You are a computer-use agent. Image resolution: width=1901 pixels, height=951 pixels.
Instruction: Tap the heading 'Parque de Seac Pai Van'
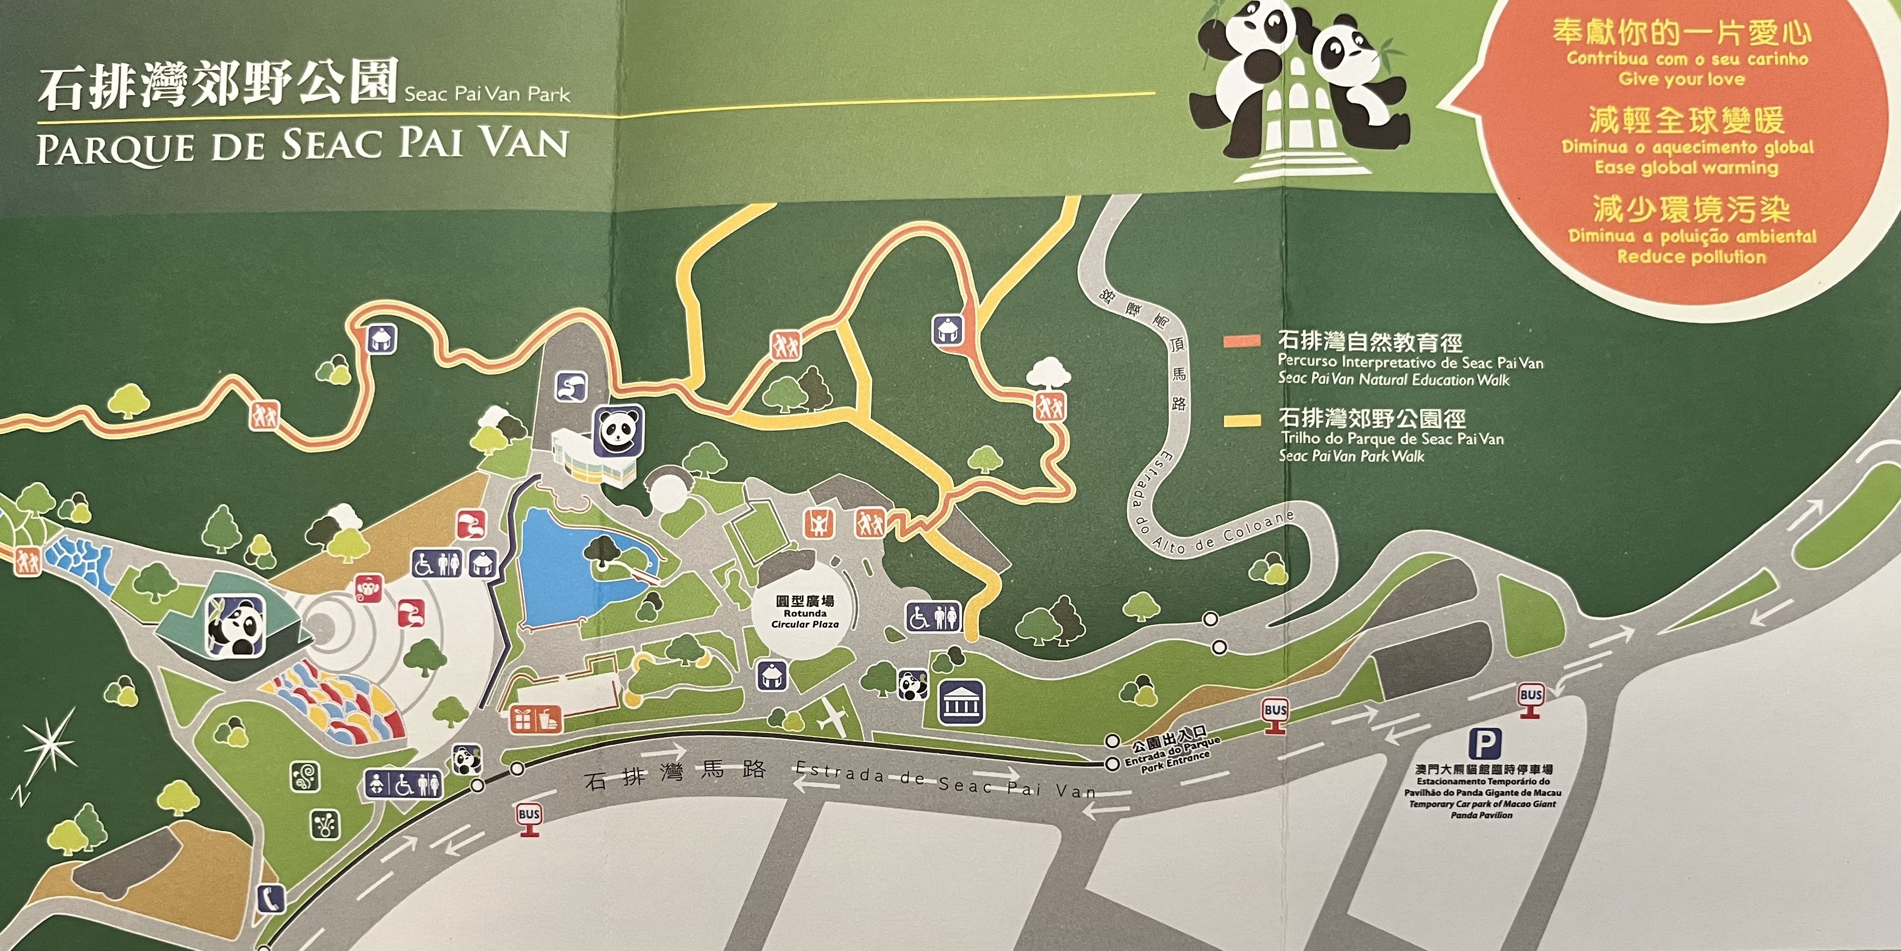(302, 146)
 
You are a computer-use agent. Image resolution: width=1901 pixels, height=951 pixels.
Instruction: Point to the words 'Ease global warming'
(1686, 167)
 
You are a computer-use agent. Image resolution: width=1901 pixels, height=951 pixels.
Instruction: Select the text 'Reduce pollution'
(1692, 257)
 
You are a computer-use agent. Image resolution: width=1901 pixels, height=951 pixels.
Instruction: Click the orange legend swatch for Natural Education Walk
(1242, 341)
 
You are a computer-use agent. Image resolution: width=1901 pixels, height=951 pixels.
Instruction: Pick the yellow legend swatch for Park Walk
(1242, 420)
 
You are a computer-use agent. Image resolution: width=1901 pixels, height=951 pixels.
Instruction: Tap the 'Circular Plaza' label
(805, 624)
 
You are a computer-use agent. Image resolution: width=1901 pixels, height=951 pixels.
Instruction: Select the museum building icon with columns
(961, 701)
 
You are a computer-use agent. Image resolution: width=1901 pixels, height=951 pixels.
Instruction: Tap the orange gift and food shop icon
(537, 718)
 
